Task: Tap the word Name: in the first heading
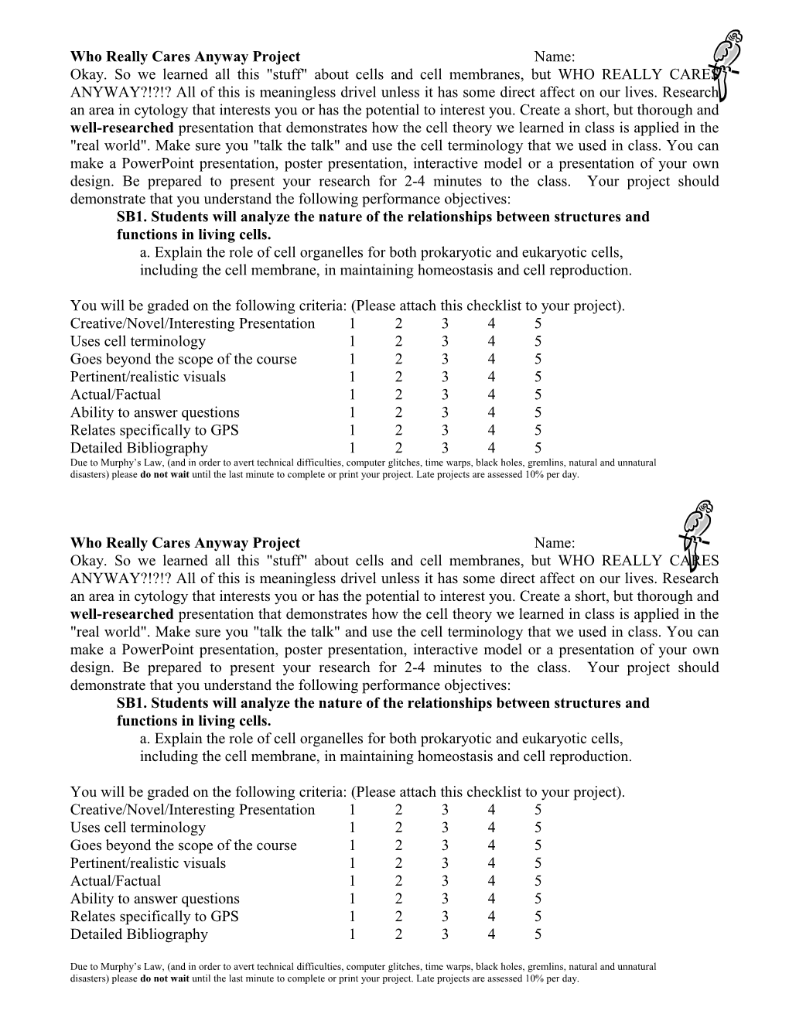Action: click(554, 56)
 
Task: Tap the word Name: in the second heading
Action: click(554, 543)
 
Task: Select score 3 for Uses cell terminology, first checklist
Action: click(445, 342)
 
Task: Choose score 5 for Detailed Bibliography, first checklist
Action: click(538, 449)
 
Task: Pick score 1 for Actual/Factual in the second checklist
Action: click(352, 881)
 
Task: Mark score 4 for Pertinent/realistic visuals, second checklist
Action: click(491, 863)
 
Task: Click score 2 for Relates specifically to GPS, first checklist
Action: click(398, 431)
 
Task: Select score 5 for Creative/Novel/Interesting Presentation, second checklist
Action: click(538, 810)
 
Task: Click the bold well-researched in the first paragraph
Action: click(121, 128)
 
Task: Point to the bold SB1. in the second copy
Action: click(131, 703)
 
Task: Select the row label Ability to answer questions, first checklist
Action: click(155, 413)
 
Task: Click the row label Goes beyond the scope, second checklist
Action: click(183, 845)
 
